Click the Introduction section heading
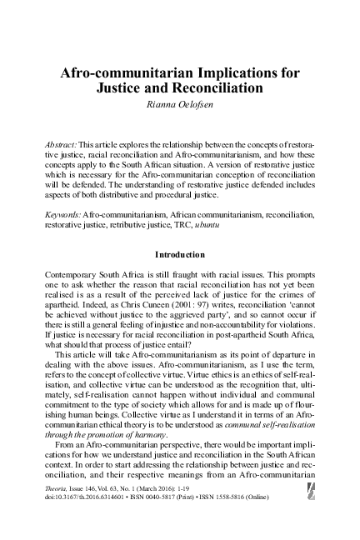click(180, 252)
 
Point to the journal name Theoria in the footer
click(58, 492)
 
